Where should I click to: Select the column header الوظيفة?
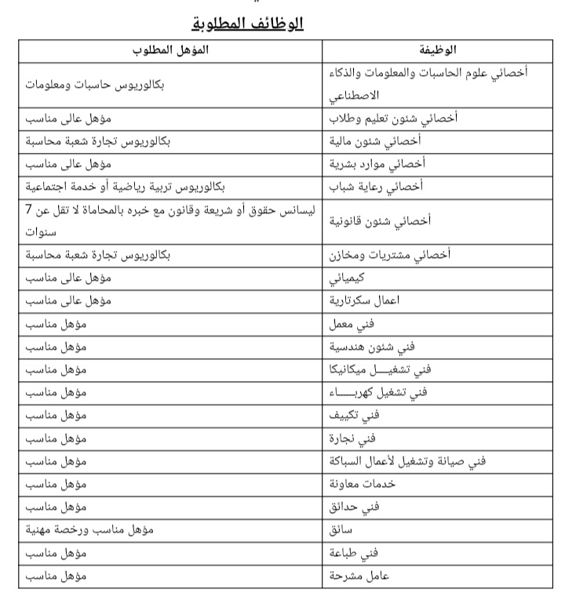pos(439,50)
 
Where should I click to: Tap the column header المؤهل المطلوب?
pos(169,50)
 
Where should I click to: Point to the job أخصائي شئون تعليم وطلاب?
pos(396,119)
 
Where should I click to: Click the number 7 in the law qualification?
pos(28,209)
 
